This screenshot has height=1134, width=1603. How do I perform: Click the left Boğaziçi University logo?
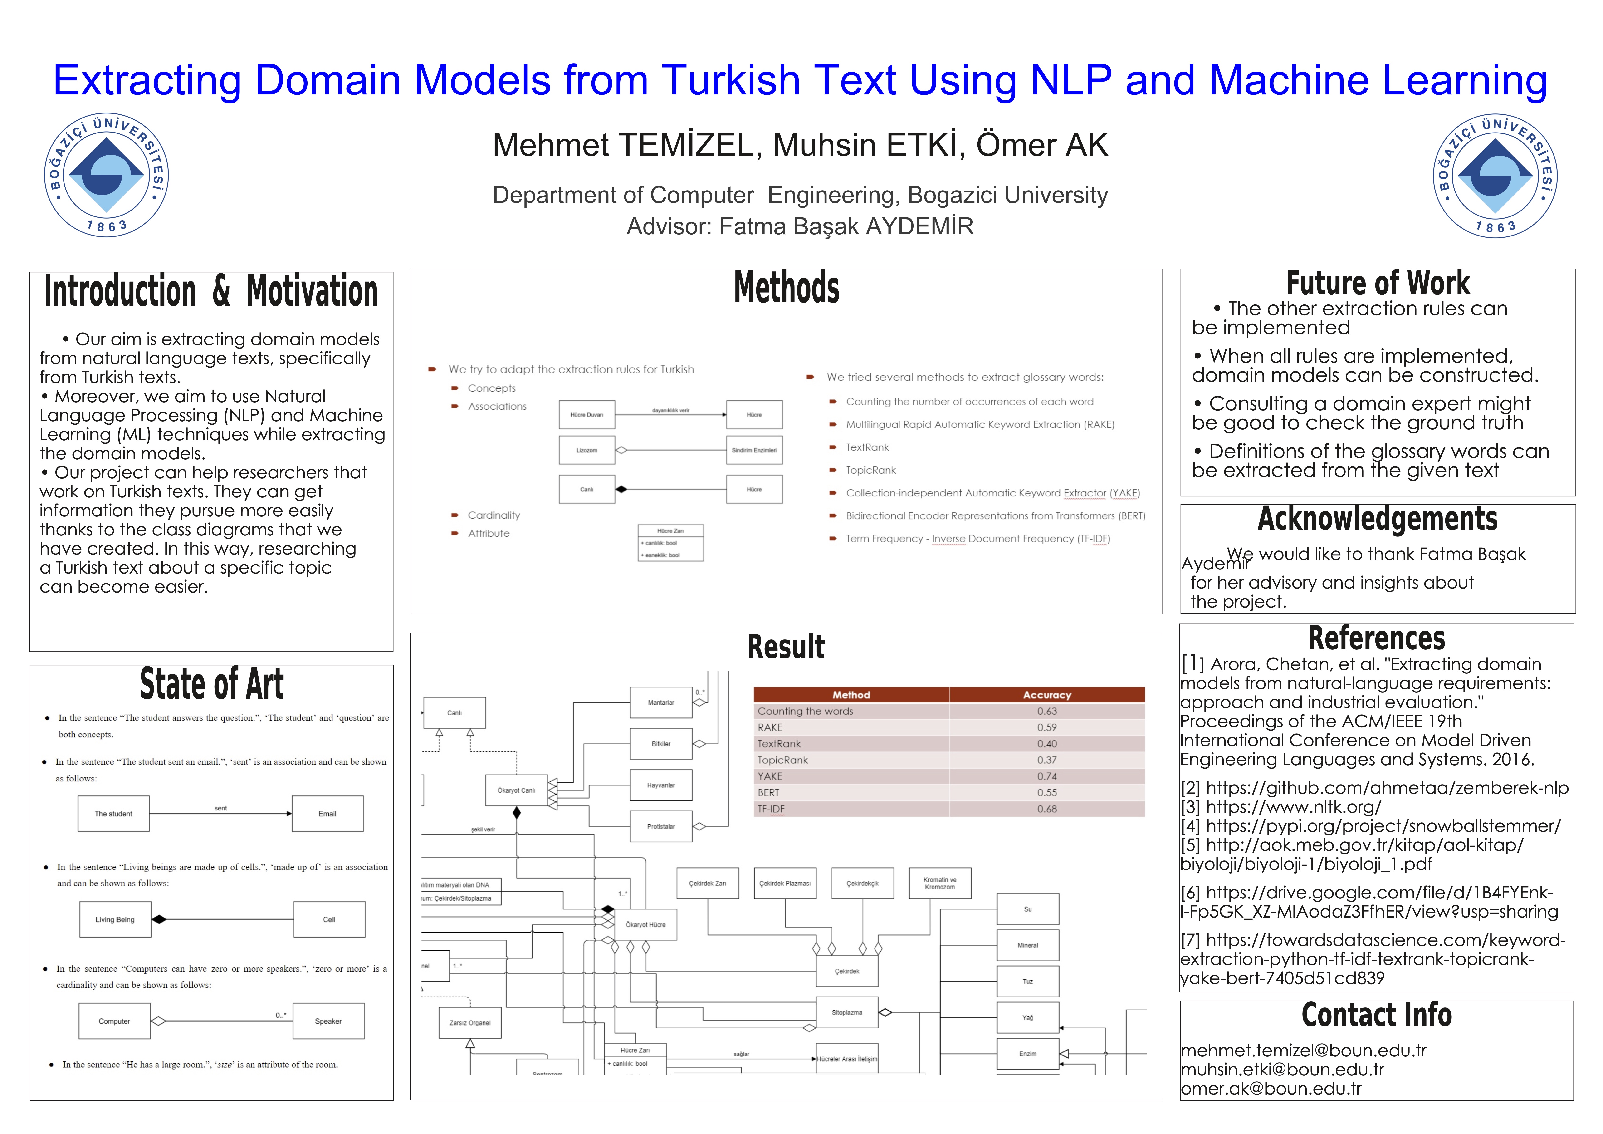(106, 175)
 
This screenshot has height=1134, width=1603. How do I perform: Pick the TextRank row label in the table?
(779, 744)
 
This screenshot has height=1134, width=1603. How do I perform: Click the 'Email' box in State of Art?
(327, 814)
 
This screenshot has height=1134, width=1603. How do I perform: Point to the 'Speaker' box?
(328, 1021)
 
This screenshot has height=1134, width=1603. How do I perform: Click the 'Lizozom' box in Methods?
(586, 450)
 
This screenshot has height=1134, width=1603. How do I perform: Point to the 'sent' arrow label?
(221, 808)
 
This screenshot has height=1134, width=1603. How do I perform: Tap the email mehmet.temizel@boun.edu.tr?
(1303, 1050)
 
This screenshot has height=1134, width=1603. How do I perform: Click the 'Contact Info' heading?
(1376, 1015)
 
